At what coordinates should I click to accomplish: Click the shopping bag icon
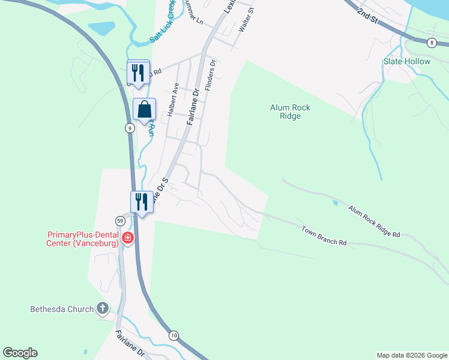[144, 110]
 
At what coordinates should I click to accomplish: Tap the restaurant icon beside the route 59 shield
[140, 202]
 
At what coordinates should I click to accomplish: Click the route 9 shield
[130, 128]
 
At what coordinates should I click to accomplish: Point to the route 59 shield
[121, 221]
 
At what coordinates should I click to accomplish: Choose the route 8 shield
[431, 43]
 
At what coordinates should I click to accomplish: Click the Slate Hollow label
[407, 61]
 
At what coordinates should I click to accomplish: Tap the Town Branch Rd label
[324, 235]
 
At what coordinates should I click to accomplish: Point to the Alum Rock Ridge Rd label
[374, 221]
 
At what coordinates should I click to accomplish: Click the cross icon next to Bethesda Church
[103, 309]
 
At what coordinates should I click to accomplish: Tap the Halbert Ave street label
[172, 100]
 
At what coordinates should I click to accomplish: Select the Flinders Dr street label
[209, 75]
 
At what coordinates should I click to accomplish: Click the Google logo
[20, 353]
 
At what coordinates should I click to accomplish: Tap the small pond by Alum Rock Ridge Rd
[334, 203]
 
